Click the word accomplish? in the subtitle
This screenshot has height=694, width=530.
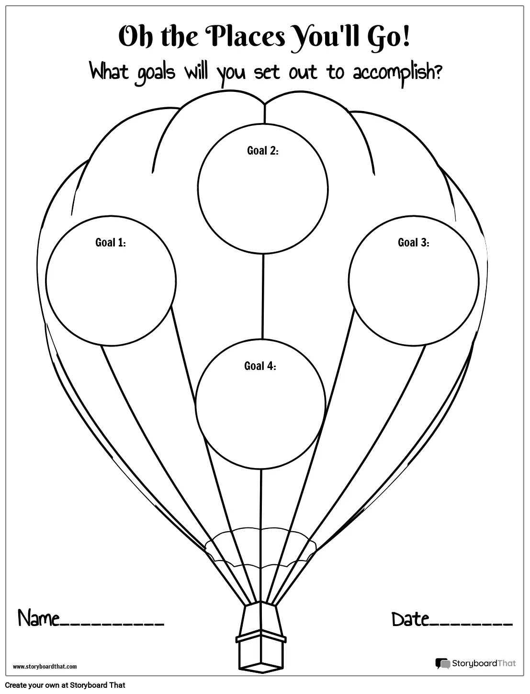(x=397, y=73)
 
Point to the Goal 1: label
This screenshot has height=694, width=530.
(x=111, y=243)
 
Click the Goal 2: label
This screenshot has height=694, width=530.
(x=262, y=151)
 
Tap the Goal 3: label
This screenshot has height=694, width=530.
(x=413, y=243)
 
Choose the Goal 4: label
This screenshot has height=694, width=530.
(x=260, y=366)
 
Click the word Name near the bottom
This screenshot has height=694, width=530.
(x=38, y=619)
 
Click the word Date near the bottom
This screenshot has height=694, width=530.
(x=410, y=619)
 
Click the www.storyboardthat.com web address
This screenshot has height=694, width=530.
(x=45, y=666)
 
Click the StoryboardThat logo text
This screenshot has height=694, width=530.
(x=484, y=663)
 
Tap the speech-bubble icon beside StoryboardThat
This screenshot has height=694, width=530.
(x=442, y=664)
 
